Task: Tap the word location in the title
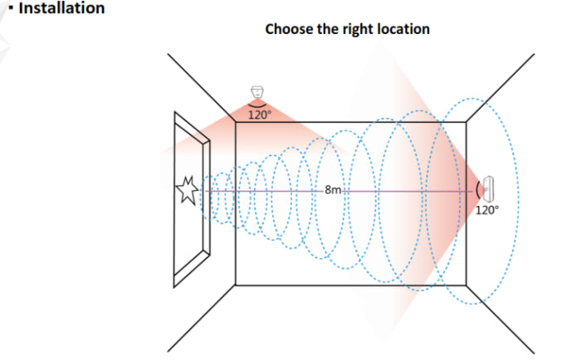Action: coord(403,29)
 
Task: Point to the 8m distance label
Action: coord(334,190)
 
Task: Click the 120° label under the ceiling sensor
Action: coord(259,115)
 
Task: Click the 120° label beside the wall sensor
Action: coord(488,210)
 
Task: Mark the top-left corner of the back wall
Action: coord(237,122)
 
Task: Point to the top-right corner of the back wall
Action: coord(466,122)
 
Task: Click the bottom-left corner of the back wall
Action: coord(237,285)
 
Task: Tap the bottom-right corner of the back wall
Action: coord(466,285)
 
